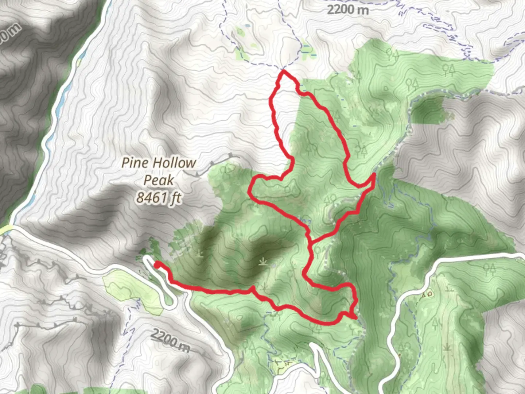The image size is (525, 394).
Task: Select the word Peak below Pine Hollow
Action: pos(159,180)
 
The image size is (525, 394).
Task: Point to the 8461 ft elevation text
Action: pos(159,198)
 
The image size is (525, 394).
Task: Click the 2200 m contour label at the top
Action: pos(347,9)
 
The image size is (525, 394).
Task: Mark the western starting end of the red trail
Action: pos(157,264)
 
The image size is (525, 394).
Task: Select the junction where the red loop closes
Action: pos(310,241)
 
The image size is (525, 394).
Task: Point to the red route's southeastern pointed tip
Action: pos(355,317)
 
